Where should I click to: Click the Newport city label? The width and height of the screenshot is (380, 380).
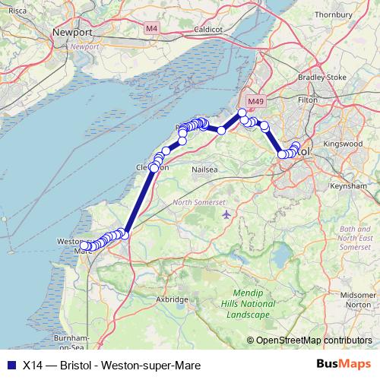73,33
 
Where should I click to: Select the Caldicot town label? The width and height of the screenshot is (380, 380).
208,29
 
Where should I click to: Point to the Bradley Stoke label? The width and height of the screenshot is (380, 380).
322,77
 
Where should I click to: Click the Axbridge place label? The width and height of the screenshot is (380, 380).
172,299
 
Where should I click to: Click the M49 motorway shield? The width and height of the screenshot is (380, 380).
253,100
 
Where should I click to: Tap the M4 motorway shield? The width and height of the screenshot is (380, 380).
152,29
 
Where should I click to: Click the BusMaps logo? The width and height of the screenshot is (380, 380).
344,364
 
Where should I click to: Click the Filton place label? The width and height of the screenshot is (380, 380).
308,100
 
